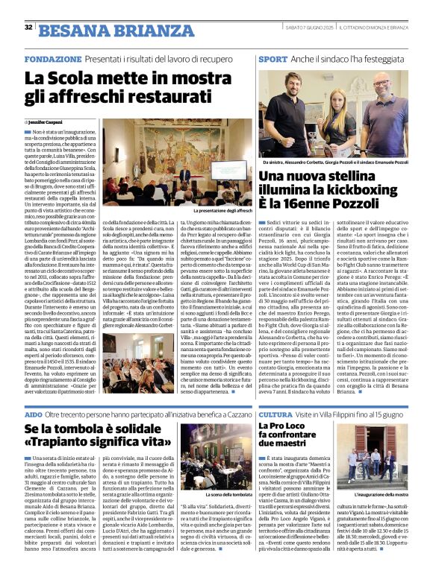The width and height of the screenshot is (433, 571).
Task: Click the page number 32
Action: tap(28, 28)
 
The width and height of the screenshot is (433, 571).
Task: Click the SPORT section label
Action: tap(272, 58)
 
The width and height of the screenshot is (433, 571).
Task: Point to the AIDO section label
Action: tap(33, 413)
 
